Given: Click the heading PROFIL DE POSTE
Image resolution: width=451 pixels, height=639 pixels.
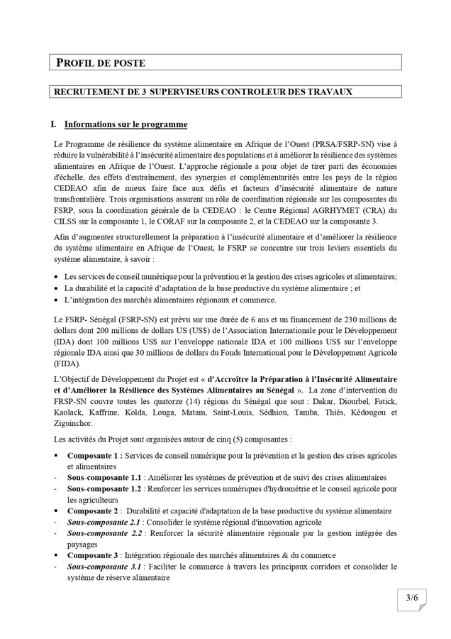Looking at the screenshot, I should (101, 63).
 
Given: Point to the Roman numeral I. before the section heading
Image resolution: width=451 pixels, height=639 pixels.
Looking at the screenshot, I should (53, 124).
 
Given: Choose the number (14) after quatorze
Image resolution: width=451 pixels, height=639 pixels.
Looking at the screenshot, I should (204, 401).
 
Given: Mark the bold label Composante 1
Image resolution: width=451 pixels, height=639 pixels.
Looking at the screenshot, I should (95, 455).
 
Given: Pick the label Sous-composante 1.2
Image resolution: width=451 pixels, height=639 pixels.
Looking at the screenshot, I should (104, 489).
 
